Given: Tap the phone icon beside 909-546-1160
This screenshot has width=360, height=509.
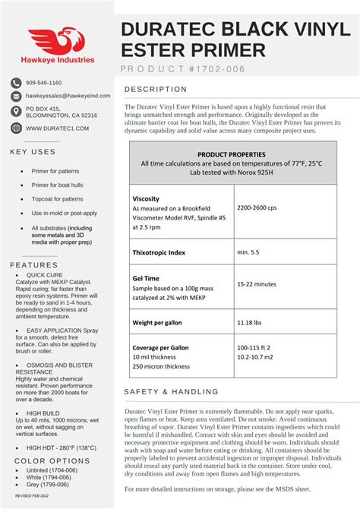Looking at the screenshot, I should point(16,82).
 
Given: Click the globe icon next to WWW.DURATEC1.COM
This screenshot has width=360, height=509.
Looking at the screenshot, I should point(16,128).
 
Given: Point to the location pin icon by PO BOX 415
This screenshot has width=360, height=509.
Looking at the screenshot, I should point(16,112).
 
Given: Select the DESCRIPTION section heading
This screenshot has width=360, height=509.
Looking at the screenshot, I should point(155,89).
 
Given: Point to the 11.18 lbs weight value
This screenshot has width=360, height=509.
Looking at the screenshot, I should point(251,323).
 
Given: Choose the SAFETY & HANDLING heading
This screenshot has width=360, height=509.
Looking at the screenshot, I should point(171,391).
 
